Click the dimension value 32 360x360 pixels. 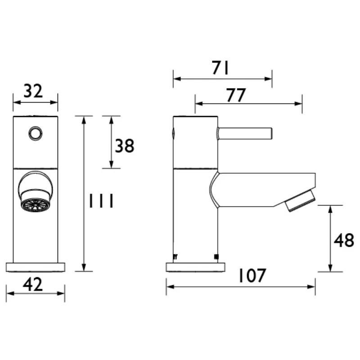[x=33, y=91]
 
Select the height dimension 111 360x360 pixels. [x=100, y=201]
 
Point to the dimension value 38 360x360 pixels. [x=125, y=146]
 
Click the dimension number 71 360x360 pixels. [x=221, y=68]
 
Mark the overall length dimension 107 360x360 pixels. [x=252, y=276]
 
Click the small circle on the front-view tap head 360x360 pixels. [x=35, y=133]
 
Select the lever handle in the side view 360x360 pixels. [x=245, y=133]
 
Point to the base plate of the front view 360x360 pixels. [x=36, y=267]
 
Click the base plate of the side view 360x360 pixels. [x=195, y=267]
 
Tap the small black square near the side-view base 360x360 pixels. [x=216, y=257]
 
